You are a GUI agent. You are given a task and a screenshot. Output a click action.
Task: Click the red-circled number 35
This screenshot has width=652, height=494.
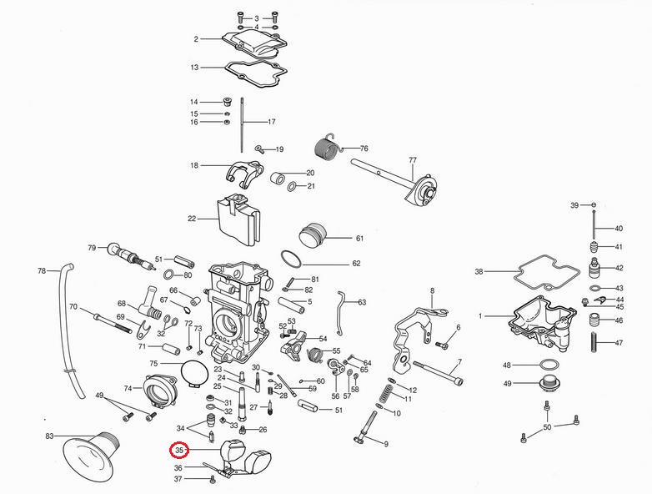point(178,451)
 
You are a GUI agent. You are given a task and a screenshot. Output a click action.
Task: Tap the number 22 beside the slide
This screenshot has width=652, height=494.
point(192,219)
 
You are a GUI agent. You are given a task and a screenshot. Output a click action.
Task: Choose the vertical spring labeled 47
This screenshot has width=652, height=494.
point(595,343)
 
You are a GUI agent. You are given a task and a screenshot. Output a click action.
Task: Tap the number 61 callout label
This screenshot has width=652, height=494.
point(359,238)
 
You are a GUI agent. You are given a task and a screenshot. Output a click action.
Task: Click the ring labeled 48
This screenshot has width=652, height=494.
point(546,365)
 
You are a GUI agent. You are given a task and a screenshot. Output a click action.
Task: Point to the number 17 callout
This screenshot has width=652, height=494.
point(271,122)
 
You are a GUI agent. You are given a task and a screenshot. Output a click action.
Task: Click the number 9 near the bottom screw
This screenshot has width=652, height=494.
point(386,443)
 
